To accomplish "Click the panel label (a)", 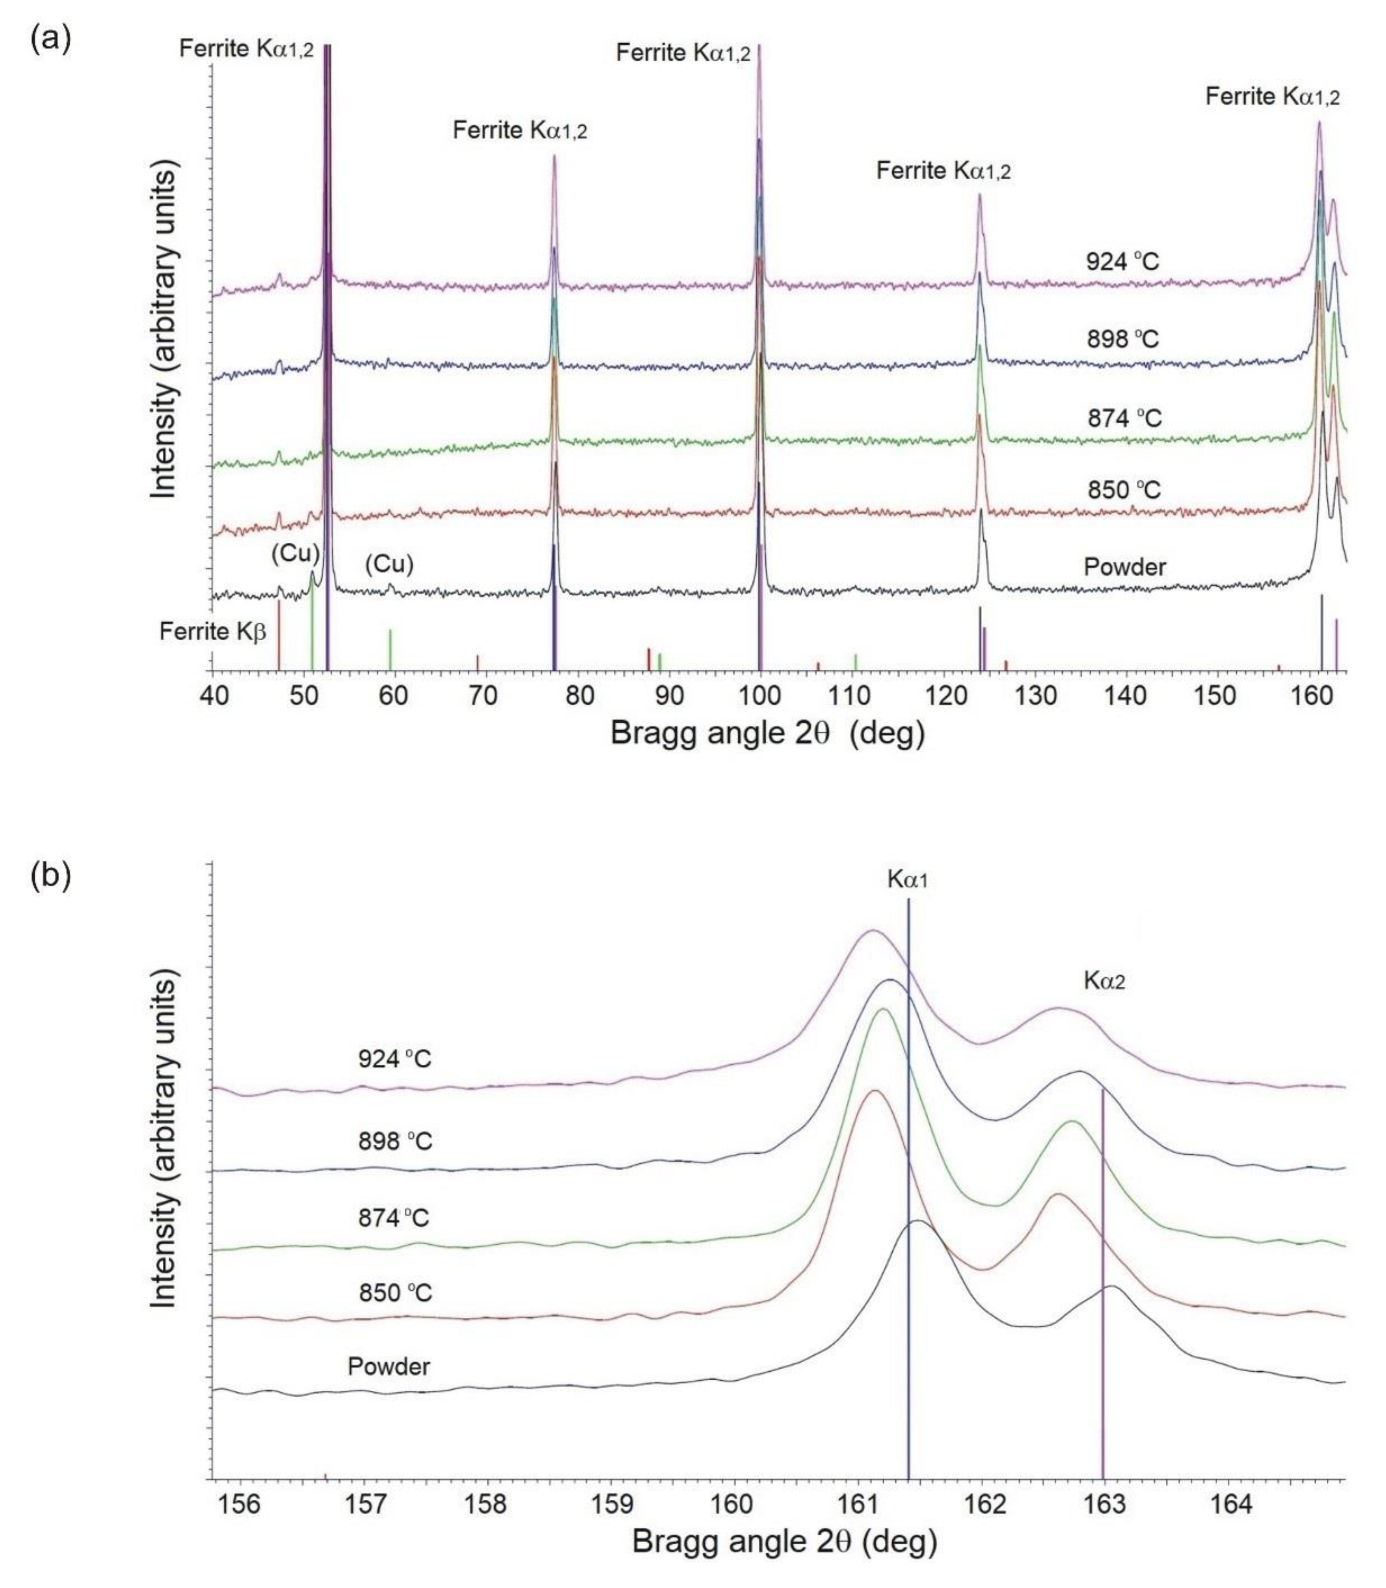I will point(50,39).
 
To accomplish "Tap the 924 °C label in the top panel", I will point(1122,262).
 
